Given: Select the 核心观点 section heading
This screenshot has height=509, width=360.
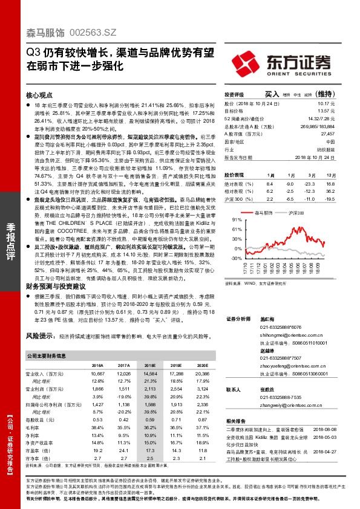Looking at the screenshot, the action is point(41,96).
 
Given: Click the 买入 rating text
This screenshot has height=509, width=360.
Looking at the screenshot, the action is point(272,95).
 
